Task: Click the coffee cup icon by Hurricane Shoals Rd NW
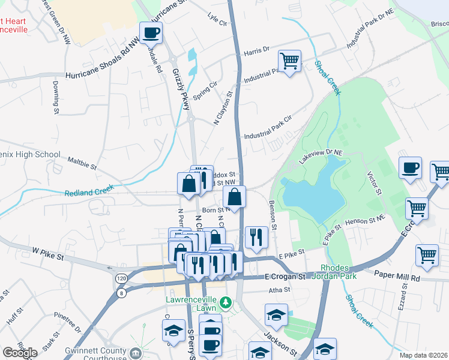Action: tap(151, 32)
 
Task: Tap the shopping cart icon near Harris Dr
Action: tap(289, 61)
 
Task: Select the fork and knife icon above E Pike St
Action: tap(256, 236)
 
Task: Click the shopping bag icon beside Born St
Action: tap(234, 196)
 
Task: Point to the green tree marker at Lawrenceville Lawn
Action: tap(226, 301)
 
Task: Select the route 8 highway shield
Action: tap(122, 293)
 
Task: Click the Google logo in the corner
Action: tap(20, 353)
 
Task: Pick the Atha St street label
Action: tap(279, 289)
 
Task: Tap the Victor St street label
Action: tap(373, 183)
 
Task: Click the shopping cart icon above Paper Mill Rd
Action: tap(427, 254)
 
